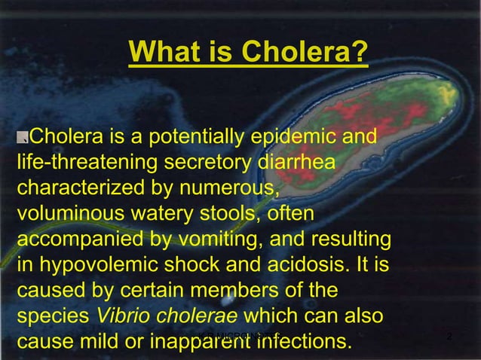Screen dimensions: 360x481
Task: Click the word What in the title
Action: click(161, 53)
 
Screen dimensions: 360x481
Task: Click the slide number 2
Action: click(449, 335)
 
